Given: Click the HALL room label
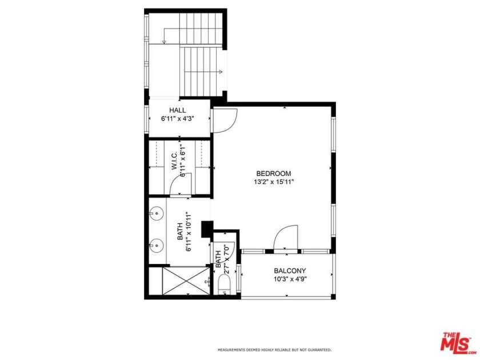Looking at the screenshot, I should [x=177, y=110].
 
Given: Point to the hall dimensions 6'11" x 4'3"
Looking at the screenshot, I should [x=177, y=119].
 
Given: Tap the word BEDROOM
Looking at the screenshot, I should [x=274, y=174].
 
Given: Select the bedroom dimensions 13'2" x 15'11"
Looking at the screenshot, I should [x=274, y=182].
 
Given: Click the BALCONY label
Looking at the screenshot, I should [x=290, y=271].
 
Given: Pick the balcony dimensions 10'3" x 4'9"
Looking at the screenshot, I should [x=290, y=279].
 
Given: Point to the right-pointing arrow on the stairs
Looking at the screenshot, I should [x=220, y=71].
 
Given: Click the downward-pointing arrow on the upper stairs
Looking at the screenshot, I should [x=165, y=41].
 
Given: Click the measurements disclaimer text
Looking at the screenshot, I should [x=274, y=350].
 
